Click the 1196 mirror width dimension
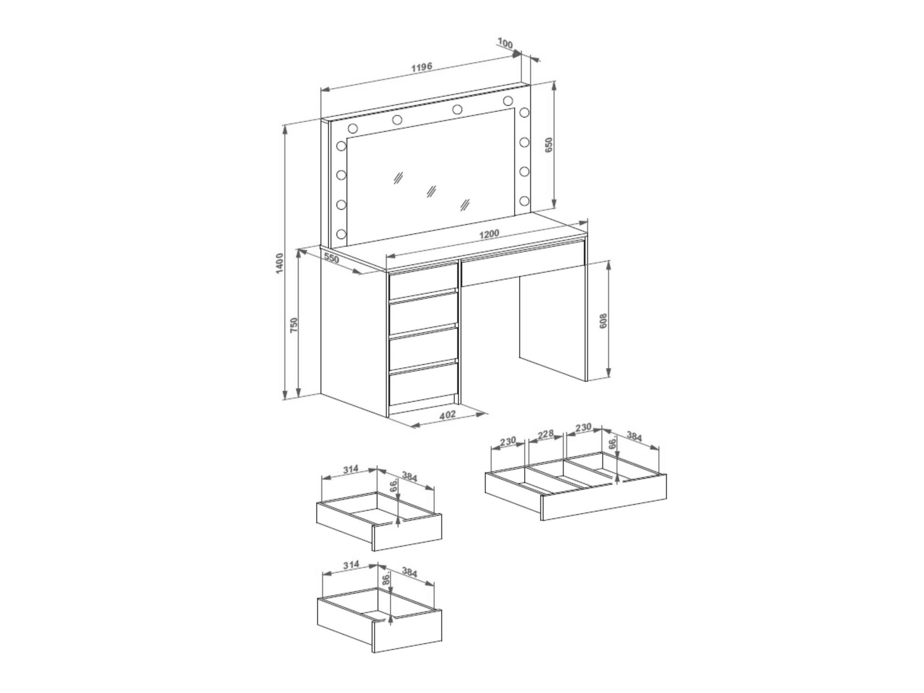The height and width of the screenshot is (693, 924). point(422,68)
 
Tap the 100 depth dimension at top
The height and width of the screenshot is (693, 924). point(505,43)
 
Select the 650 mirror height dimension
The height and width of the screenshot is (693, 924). point(549,145)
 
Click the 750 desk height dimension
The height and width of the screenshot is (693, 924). point(294,325)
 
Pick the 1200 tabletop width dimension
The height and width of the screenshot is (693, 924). point(489,234)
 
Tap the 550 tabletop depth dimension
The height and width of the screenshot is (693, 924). point(331,258)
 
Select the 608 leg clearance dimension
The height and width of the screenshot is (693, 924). point(603,321)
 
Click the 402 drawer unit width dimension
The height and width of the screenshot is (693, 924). point(448,414)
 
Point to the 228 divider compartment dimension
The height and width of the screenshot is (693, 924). point(545,434)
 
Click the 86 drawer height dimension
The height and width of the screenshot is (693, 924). point(386,580)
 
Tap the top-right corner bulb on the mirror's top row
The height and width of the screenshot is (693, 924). point(508,101)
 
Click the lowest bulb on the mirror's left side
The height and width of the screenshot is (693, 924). point(341,233)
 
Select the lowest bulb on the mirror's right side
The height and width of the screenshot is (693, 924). point(524,201)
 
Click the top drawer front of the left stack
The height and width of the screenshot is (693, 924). point(423,281)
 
